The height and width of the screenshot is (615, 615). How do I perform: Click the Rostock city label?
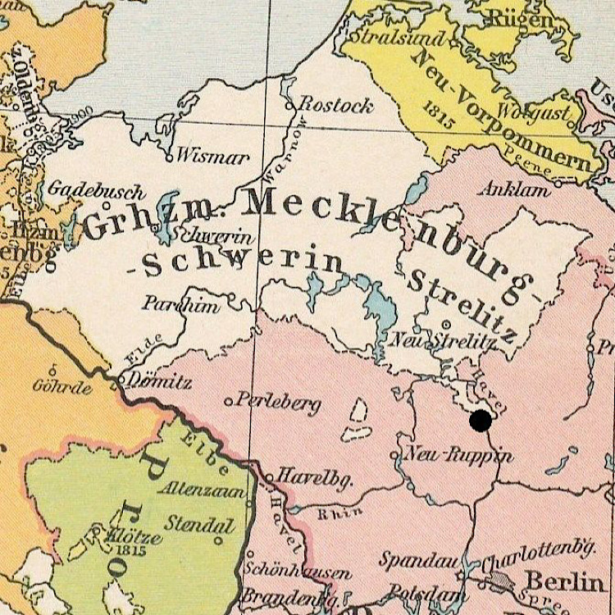(x=335, y=105)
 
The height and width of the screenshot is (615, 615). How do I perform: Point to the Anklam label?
(x=517, y=189)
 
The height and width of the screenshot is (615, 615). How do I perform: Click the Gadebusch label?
(x=96, y=189)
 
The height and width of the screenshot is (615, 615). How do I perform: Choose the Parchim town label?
(x=181, y=304)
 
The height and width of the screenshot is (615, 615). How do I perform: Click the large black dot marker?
(x=481, y=421)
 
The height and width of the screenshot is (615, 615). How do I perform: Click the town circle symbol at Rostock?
(x=289, y=106)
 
